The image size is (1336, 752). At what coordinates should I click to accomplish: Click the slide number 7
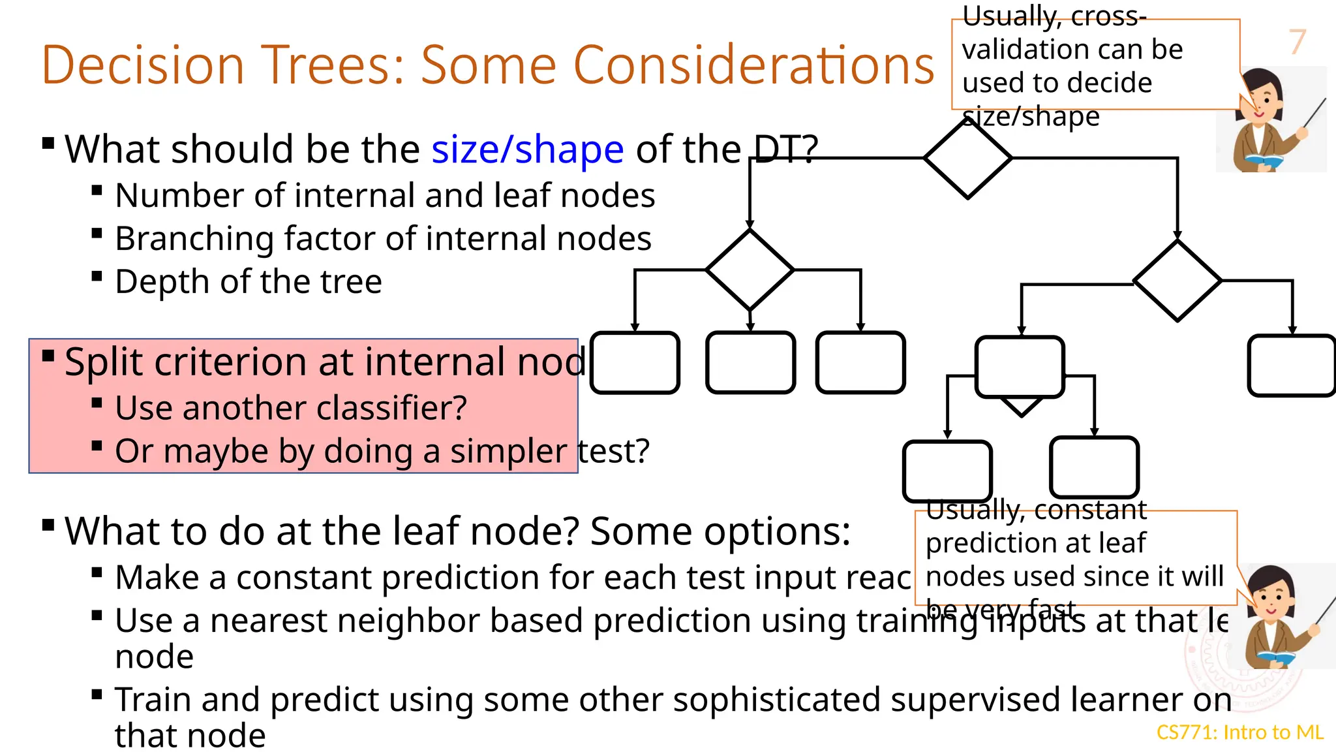[x=1297, y=42]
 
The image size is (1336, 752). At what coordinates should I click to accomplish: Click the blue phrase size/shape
[x=527, y=149]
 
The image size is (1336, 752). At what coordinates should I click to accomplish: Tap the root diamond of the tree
[x=967, y=158]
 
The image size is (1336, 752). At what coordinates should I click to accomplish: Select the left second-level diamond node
[x=750, y=270]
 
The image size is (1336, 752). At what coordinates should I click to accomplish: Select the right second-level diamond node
[x=1177, y=281]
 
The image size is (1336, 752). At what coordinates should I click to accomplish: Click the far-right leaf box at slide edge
[x=1292, y=366]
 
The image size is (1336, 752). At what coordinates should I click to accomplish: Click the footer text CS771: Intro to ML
[x=1239, y=732]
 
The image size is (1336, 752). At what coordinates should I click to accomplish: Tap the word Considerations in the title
[x=753, y=65]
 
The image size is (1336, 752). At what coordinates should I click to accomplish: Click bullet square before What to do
[x=48, y=525]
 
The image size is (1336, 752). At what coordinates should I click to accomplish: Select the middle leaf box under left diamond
[x=750, y=363]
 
